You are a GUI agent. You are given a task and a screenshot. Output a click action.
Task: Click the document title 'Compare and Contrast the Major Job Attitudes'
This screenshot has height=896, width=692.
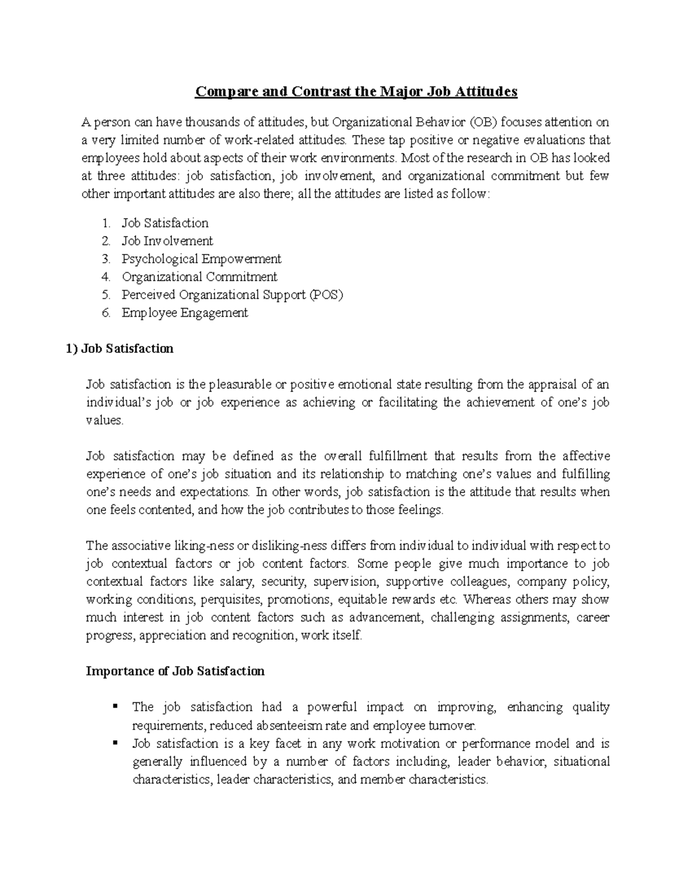[x=356, y=91]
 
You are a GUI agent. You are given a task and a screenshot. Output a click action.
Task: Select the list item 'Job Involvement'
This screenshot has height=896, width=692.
[x=167, y=241]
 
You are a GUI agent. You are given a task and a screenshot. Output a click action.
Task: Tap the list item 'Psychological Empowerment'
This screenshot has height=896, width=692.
[x=201, y=259]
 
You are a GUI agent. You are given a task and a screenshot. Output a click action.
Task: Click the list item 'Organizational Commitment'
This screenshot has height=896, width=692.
[x=199, y=277]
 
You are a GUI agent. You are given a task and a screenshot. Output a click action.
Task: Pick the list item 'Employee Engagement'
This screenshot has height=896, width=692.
[x=185, y=313]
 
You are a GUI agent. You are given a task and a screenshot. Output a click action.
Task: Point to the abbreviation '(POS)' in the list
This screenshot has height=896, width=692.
[x=326, y=295]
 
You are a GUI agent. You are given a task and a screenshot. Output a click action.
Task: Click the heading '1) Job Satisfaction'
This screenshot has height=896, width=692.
[x=119, y=348]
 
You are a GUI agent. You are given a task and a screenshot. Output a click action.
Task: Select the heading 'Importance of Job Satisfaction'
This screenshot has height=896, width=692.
[x=175, y=671]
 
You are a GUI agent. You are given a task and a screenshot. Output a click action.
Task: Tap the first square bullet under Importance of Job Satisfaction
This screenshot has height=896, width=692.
[x=115, y=706]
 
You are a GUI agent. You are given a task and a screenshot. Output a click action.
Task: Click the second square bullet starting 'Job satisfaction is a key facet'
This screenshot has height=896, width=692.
[x=115, y=742]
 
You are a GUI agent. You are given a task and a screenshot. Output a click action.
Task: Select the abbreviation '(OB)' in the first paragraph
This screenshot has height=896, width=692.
[x=482, y=122]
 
